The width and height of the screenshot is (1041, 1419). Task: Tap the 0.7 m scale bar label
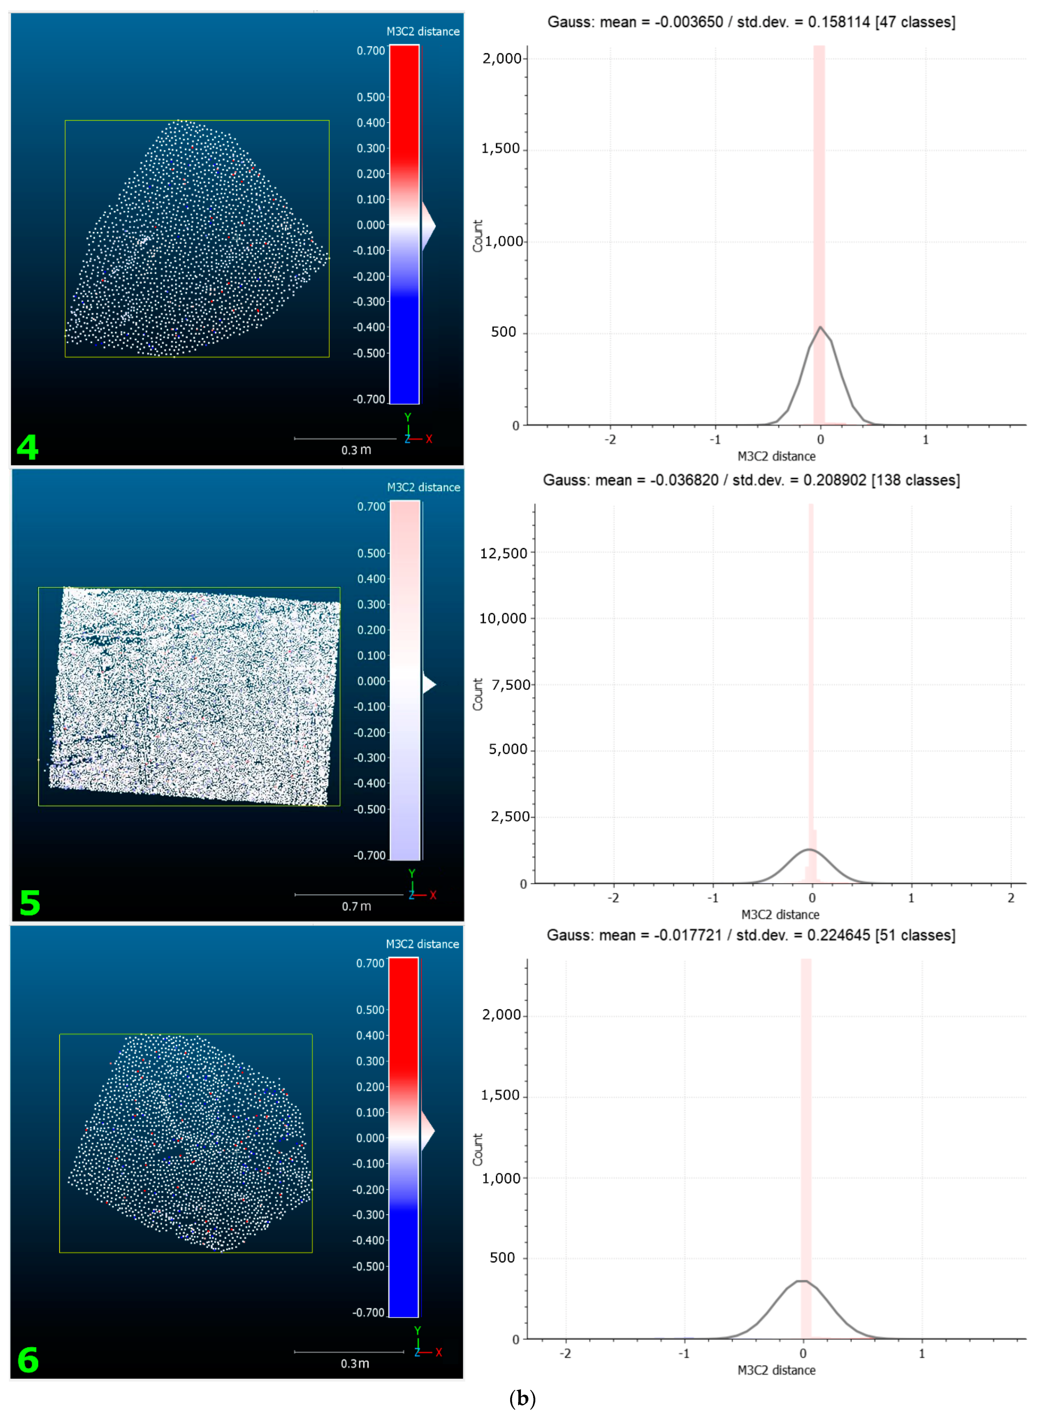[x=356, y=907]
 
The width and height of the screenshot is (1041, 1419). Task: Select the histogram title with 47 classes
[x=751, y=22]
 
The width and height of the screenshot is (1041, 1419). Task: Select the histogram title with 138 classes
[x=751, y=480]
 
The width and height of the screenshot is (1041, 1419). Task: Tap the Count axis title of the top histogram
[x=478, y=236]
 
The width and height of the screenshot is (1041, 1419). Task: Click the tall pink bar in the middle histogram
[x=811, y=662]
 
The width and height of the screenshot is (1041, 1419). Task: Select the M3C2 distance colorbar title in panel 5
[x=424, y=487]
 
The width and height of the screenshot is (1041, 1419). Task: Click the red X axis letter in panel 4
[x=429, y=439]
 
